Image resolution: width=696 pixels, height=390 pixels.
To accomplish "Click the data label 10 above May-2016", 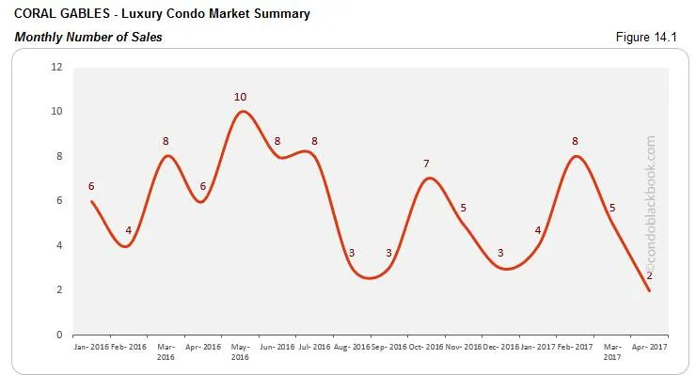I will (241, 97).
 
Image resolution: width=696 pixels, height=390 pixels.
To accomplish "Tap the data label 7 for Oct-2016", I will (426, 164).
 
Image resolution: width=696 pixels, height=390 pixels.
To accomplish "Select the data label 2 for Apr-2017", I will (649, 275).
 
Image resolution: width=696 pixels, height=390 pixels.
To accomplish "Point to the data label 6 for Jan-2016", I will (91, 186).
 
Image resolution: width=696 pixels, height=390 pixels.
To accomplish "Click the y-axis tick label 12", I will (56, 67).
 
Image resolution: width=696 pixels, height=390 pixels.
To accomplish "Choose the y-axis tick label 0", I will (59, 335).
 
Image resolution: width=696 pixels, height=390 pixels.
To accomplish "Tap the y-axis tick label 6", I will (59, 201).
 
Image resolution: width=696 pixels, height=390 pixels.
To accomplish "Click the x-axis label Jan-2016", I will (91, 347).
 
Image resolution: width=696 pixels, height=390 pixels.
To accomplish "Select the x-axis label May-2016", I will (241, 351).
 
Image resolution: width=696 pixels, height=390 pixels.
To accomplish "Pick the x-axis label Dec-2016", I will (500, 347).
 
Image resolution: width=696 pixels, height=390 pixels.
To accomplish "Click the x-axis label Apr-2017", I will (649, 347).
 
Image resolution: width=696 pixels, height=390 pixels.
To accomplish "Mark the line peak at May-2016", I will (243, 112).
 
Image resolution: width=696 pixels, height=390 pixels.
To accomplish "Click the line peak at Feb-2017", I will (575, 156).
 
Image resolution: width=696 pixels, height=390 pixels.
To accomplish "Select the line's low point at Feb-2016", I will (127, 246).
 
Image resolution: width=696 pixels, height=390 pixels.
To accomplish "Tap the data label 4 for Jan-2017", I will (538, 231).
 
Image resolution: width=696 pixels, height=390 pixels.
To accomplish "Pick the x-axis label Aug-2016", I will (352, 347).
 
